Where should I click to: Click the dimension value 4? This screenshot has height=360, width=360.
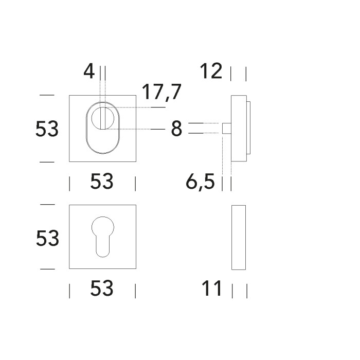tap(89, 71)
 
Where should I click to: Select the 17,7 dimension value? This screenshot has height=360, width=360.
tap(161, 92)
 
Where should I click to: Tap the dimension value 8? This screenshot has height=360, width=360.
tap(176, 129)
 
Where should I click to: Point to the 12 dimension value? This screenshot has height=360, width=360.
tap(211, 71)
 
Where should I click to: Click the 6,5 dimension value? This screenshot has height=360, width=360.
tap(200, 182)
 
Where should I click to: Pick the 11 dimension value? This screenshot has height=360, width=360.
tap(212, 288)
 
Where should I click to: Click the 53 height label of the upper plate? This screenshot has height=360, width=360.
tap(47, 129)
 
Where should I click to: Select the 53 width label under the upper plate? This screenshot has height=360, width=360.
tap(102, 181)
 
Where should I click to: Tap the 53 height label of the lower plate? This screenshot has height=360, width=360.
tap(47, 238)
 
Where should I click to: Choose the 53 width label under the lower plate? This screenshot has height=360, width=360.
tap(102, 288)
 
